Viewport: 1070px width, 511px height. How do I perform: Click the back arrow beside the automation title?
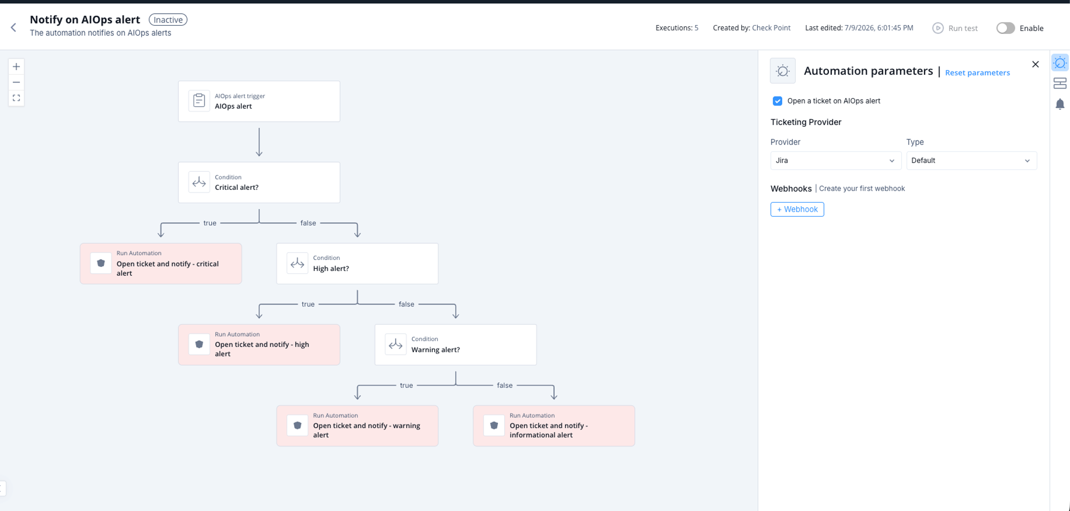click(x=13, y=27)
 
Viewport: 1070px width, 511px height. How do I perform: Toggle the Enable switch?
click(x=1006, y=28)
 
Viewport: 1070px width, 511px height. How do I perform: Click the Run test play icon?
click(x=937, y=28)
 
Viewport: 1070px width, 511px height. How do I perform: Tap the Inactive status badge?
click(x=168, y=19)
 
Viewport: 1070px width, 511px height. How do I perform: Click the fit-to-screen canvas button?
click(x=16, y=98)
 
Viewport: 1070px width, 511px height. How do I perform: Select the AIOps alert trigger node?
click(x=259, y=101)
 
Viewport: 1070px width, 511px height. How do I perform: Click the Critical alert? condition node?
click(x=259, y=182)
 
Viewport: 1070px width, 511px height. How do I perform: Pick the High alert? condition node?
click(x=357, y=264)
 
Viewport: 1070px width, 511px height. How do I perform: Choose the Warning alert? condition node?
click(x=456, y=345)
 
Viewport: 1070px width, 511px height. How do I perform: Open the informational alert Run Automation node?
click(x=554, y=426)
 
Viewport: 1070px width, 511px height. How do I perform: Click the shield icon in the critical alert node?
click(x=101, y=263)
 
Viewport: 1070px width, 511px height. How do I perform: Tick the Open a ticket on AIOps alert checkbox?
click(x=777, y=101)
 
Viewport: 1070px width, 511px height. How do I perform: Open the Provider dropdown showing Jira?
click(x=835, y=160)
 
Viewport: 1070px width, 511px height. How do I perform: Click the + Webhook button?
click(x=797, y=209)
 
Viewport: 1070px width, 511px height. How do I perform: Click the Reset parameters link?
click(x=977, y=73)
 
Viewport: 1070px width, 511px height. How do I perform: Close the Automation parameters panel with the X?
click(x=1035, y=64)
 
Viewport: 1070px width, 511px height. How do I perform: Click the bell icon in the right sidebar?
click(x=1060, y=104)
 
